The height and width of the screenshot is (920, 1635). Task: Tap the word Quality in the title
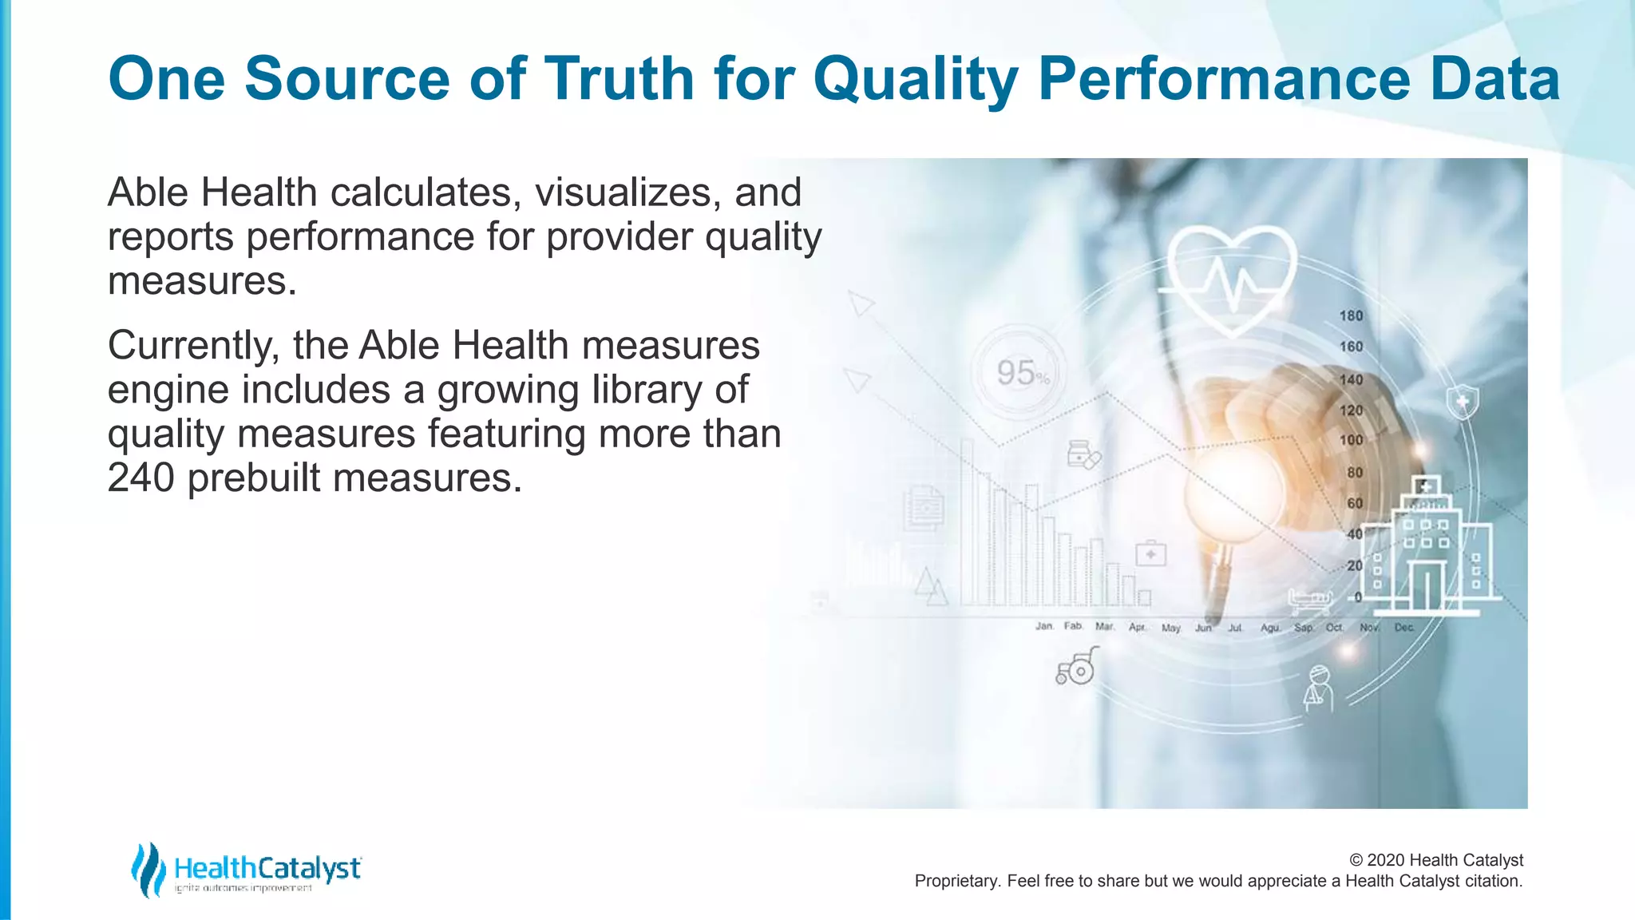[x=915, y=79]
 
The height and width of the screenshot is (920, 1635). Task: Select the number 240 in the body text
[x=141, y=478]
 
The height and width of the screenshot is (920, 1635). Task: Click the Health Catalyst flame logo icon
[x=148, y=869]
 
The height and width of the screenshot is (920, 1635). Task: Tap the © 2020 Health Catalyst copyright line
[x=1435, y=860]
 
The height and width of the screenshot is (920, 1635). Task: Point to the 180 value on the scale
[x=1351, y=316]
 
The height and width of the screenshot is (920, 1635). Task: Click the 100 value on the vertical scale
[x=1351, y=441]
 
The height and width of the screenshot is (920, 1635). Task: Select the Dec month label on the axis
[x=1403, y=628]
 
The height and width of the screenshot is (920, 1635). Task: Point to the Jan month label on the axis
[x=1043, y=626]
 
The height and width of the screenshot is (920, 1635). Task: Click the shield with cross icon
[x=1463, y=402]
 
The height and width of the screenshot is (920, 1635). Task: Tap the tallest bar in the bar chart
[x=967, y=523]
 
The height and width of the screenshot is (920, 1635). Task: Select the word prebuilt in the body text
[x=255, y=478]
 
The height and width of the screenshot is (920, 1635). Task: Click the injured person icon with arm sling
[x=1317, y=688]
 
